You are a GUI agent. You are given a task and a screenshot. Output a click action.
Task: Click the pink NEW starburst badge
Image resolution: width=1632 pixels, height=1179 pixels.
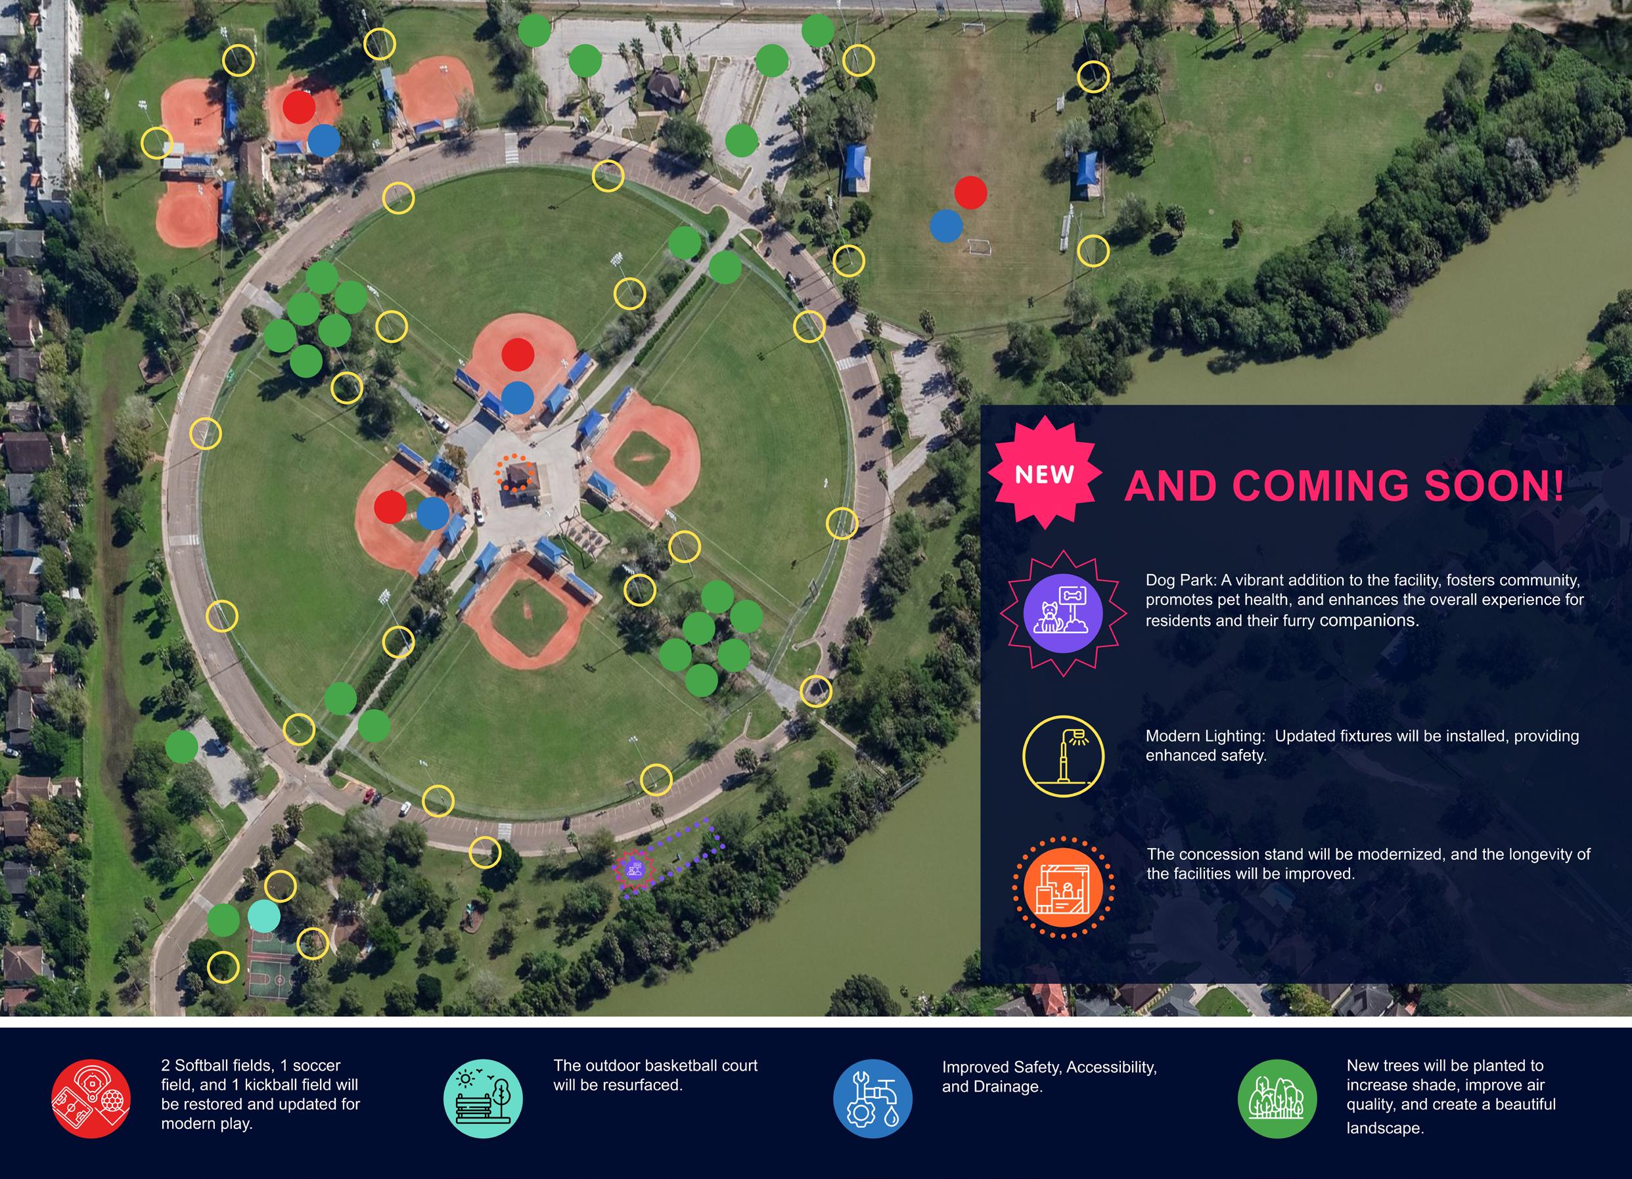pyautogui.click(x=1044, y=474)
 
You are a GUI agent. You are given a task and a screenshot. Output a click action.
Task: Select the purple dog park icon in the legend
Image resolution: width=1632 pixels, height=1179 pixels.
pyautogui.click(x=1063, y=613)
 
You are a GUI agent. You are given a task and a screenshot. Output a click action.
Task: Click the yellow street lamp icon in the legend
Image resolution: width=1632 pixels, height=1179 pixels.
pyautogui.click(x=1063, y=756)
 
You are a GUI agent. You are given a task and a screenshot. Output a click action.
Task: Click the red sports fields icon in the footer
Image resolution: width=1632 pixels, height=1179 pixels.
pyautogui.click(x=91, y=1098)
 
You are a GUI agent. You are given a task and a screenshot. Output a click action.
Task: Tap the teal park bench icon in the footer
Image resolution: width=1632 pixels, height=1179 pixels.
pyautogui.click(x=483, y=1098)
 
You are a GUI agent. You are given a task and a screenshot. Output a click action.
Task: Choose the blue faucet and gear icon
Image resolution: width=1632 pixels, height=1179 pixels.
pyautogui.click(x=873, y=1098)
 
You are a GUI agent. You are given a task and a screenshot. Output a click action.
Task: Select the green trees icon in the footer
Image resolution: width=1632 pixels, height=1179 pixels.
pyautogui.click(x=1277, y=1098)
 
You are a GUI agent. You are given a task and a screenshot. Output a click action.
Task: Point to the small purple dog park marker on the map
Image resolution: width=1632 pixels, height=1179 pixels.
pyautogui.click(x=633, y=869)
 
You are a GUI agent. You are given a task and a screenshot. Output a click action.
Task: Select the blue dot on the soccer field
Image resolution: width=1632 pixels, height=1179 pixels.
pyautogui.click(x=946, y=225)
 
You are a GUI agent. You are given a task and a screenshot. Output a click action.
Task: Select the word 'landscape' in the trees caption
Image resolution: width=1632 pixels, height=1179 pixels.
pyautogui.click(x=1384, y=1128)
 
